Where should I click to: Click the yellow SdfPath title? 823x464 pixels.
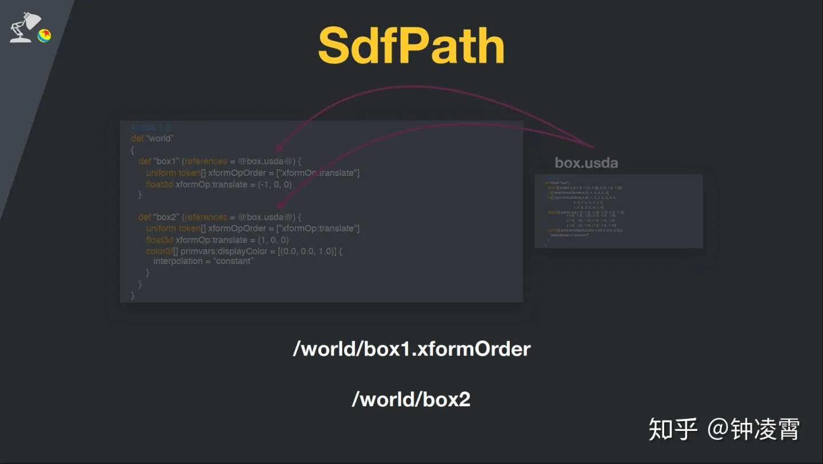411,46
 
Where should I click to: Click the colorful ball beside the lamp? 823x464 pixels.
45,35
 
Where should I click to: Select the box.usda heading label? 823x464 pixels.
586,163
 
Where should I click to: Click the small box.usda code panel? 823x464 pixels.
618,211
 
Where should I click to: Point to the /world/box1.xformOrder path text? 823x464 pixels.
411,349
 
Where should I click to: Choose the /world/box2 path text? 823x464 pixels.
411,399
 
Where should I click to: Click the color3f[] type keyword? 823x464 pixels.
162,251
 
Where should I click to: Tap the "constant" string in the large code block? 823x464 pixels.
234,261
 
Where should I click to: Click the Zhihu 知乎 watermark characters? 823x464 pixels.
673,429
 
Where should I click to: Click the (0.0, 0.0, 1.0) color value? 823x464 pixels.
307,251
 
